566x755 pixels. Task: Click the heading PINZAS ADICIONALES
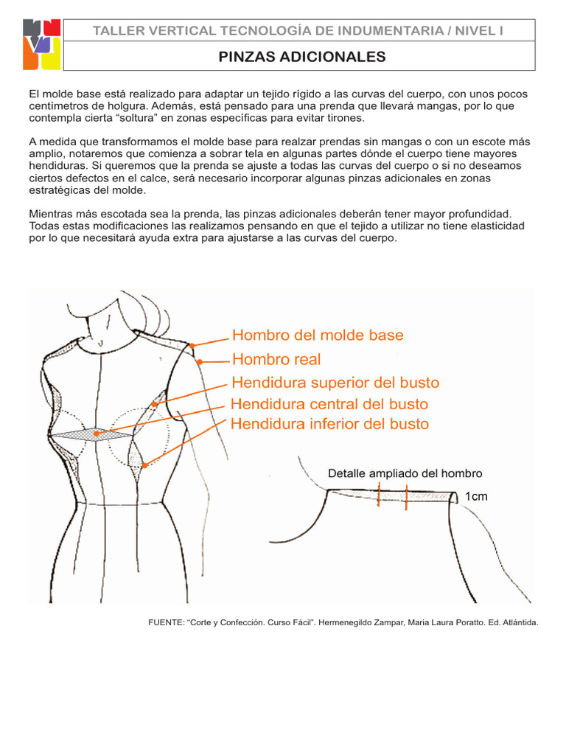[x=301, y=57]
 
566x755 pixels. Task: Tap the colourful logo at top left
[x=41, y=44]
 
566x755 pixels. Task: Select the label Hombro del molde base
[x=318, y=335]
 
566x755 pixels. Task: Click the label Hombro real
[x=276, y=359]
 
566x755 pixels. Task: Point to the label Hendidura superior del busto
[x=335, y=383]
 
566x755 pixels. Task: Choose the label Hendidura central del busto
[x=329, y=404]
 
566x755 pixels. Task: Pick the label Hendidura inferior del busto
[x=329, y=424]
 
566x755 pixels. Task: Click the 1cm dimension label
[x=476, y=496]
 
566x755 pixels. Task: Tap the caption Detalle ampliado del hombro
[x=405, y=473]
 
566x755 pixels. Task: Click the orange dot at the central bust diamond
[x=97, y=434]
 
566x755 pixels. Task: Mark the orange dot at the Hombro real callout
[x=199, y=361]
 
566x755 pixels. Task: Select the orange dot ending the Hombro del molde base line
[x=192, y=345]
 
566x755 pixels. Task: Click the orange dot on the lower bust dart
[x=144, y=465]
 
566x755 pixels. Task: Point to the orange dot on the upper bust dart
[x=155, y=404]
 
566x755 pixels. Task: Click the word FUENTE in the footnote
[x=166, y=622]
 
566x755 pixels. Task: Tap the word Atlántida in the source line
[x=520, y=622]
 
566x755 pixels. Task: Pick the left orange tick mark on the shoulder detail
[x=378, y=495]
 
